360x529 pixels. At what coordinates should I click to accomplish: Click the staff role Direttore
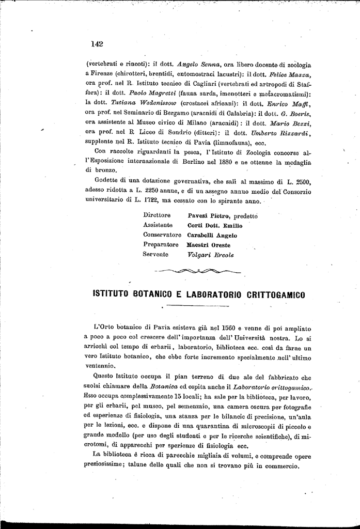coord(157,215)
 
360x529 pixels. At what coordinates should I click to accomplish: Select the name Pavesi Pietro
coord(209,215)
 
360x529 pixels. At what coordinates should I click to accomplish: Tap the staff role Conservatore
coord(162,235)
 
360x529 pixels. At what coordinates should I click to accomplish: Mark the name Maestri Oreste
coord(209,245)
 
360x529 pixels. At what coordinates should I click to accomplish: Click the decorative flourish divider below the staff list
coord(197,271)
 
